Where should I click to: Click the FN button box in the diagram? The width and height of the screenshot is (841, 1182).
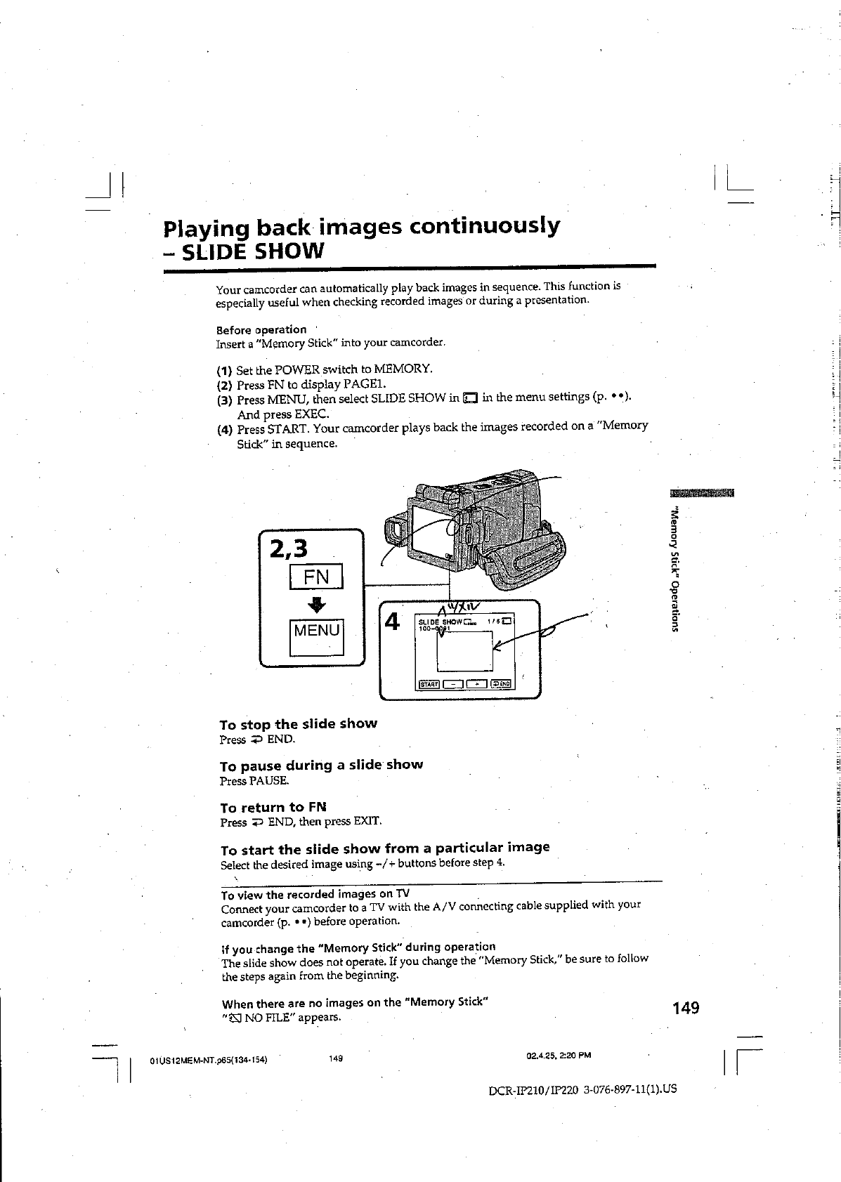tap(316, 577)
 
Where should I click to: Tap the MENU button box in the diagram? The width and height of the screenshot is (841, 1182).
tap(316, 630)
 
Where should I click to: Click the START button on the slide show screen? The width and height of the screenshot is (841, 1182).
tap(429, 684)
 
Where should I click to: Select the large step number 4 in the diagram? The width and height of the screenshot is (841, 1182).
tap(393, 622)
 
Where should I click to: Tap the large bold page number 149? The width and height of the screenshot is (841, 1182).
tap(685, 1009)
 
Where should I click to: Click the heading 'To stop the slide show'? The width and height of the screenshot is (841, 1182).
tap(298, 723)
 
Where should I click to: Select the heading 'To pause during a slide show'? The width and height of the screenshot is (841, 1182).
tap(321, 765)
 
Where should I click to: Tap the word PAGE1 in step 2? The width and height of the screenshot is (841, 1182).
tap(364, 384)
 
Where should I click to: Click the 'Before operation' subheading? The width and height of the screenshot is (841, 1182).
tap(261, 329)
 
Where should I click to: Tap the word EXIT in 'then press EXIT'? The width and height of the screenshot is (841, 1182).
tap(367, 821)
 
